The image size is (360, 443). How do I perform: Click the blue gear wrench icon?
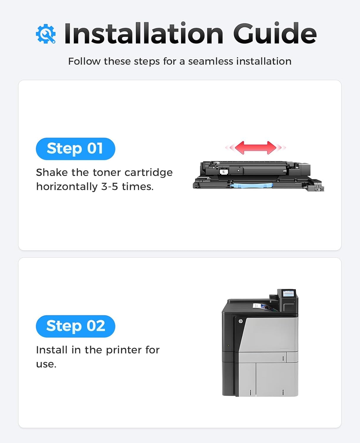point(46,34)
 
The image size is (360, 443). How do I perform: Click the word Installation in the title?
point(144,34)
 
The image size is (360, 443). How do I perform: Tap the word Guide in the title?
point(275,34)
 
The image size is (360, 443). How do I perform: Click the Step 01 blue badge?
point(75,149)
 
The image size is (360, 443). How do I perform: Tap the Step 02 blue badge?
point(75,326)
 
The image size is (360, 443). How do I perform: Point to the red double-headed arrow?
point(255,147)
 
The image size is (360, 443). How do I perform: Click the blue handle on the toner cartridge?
point(251,185)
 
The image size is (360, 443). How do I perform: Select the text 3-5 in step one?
point(110,187)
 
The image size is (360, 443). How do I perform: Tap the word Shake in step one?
point(52,172)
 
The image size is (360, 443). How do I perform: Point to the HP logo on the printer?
point(240,321)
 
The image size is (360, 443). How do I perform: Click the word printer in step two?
point(124,350)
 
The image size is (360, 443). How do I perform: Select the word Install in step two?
point(52,350)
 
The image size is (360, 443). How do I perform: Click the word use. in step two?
point(46,364)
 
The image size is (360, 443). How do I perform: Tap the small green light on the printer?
point(228,345)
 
